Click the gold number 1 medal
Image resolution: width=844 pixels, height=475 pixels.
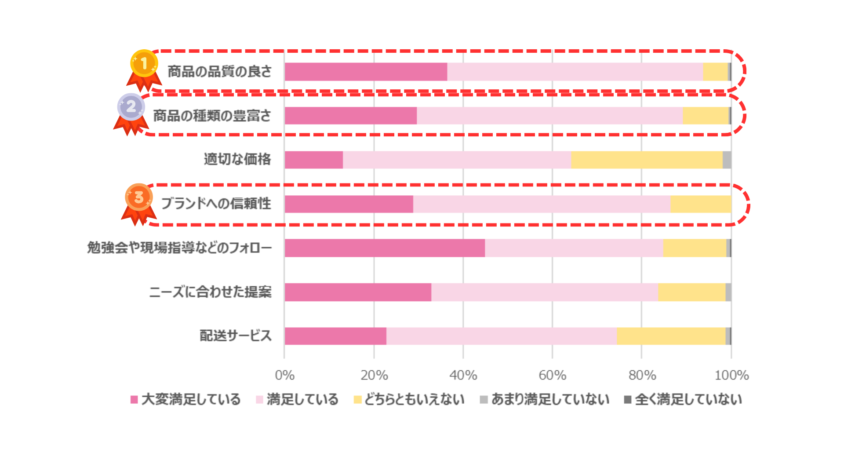[x=144, y=64]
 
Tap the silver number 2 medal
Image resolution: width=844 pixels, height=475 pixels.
[x=131, y=107]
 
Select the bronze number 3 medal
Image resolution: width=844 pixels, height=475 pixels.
[x=139, y=197]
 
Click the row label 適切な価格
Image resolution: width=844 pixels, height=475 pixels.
[x=237, y=159]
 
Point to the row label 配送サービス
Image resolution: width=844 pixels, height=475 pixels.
[x=236, y=336]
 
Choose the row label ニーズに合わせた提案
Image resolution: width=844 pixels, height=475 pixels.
[x=210, y=292]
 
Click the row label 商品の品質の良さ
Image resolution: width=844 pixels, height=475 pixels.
[x=219, y=71]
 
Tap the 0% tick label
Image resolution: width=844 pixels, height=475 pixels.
[x=284, y=375]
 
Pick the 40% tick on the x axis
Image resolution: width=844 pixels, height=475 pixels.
[x=463, y=375]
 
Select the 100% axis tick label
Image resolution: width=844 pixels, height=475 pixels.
[x=731, y=375]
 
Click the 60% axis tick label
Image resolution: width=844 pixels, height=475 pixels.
[x=552, y=375]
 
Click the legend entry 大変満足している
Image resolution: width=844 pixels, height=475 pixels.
[x=186, y=399]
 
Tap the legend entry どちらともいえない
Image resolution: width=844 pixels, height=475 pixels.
[x=409, y=399]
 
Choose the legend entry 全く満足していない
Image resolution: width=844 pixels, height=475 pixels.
[x=683, y=399]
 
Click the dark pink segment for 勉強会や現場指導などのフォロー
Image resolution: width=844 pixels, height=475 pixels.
[x=385, y=248]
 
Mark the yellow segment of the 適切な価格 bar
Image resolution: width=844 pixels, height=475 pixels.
[x=647, y=160]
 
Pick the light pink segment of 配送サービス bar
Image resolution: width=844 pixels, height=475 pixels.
[x=501, y=336]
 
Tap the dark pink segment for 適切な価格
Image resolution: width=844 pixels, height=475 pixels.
[x=314, y=160]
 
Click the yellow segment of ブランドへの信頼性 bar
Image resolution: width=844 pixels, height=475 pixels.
[x=701, y=204]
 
